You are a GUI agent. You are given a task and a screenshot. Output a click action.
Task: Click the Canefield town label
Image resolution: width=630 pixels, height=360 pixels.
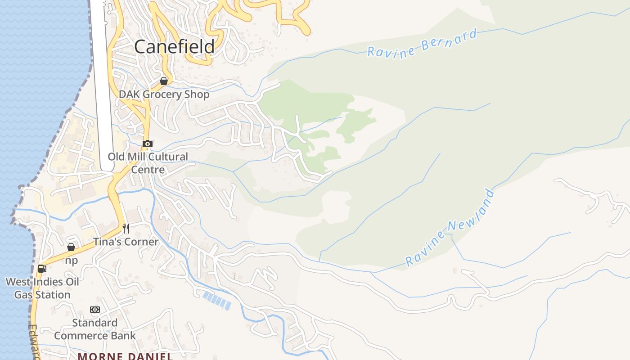174,47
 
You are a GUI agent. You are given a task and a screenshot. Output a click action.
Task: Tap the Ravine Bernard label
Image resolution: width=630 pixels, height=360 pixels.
422,44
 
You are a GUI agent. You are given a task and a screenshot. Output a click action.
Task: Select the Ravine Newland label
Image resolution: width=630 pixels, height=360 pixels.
450,229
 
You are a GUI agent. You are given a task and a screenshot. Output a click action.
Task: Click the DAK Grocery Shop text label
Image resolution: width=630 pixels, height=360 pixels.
164,94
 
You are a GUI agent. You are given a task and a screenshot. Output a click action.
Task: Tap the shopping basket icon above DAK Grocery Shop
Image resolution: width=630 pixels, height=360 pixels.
164,81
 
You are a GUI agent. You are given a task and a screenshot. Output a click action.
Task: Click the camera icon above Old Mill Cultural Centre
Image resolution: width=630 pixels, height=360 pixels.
147,144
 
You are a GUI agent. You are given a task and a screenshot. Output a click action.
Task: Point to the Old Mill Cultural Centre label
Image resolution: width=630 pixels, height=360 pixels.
148,163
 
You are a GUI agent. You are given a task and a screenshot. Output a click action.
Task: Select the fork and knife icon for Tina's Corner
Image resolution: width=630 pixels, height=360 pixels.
126,228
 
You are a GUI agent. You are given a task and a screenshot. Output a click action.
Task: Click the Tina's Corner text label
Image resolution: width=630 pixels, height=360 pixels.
126,242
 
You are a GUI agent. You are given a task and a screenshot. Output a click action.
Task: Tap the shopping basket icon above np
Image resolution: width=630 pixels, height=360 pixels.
71,247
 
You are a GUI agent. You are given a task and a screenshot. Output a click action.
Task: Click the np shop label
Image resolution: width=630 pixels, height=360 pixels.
71,261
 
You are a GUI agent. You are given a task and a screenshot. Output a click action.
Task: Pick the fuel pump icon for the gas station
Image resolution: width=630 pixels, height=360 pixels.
42,269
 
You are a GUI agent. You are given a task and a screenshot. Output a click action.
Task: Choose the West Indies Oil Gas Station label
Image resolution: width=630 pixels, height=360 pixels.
42,288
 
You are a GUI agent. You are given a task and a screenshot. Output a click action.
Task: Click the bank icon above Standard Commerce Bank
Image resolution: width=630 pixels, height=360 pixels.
95,310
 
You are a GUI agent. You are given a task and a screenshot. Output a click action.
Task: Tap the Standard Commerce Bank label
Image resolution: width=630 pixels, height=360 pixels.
95,329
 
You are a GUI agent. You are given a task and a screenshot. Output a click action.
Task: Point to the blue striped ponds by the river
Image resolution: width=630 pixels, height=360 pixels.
217,301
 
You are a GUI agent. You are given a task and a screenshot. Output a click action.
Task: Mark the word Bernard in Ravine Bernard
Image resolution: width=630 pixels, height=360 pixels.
449,39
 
